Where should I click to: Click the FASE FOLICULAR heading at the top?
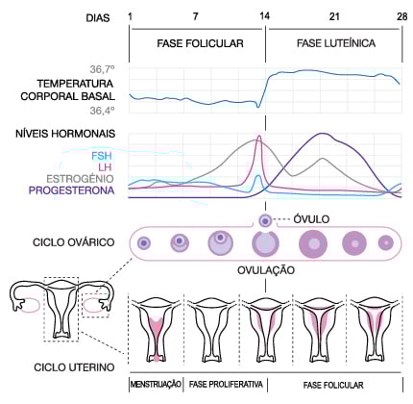[x=198, y=44]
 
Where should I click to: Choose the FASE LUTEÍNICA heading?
[x=334, y=44]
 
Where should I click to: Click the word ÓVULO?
[x=312, y=219]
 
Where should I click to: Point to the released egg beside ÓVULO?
[x=266, y=220]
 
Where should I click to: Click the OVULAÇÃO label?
[x=265, y=271]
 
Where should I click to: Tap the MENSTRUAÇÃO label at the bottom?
[x=156, y=385]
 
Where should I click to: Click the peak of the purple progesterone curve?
[x=322, y=135]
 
